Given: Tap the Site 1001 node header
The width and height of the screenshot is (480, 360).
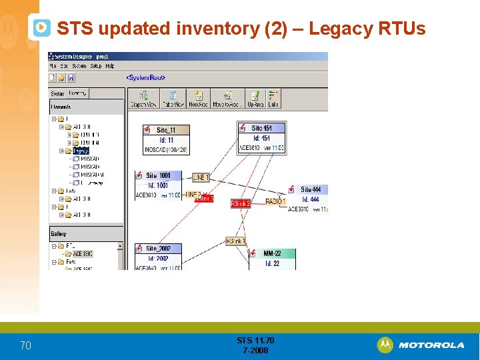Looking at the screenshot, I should (x=158, y=175).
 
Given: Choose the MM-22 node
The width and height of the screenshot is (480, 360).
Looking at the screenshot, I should (x=272, y=253).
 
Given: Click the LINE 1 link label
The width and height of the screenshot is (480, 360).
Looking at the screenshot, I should (x=201, y=177).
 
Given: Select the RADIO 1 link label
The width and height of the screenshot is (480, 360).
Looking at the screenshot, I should (x=275, y=201).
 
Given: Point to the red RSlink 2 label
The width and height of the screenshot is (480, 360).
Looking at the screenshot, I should (x=240, y=203).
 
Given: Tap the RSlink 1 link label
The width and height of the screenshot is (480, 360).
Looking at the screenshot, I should (x=235, y=241).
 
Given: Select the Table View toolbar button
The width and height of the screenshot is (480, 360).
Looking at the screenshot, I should (x=173, y=99).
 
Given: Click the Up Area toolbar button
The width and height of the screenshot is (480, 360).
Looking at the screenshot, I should (x=255, y=99).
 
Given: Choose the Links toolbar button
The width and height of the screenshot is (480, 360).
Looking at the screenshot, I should (x=273, y=99).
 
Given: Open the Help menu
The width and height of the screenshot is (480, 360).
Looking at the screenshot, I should (x=110, y=66).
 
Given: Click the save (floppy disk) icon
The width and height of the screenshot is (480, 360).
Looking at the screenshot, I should (x=71, y=77).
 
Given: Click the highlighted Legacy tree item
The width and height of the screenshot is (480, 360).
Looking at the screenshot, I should (x=81, y=151).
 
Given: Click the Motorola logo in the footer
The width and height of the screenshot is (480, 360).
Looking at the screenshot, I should (x=421, y=345).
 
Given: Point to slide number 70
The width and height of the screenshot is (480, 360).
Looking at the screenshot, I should (x=25, y=345).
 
